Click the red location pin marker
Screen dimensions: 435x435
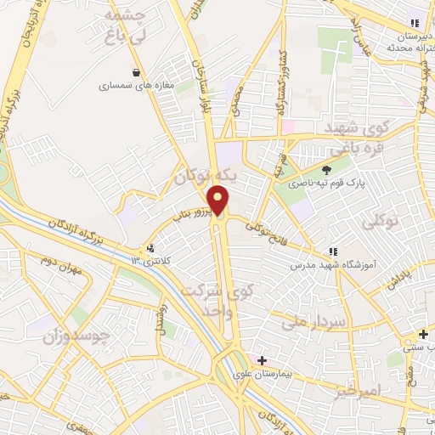point(219,201)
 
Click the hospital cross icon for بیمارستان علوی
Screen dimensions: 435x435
point(262,360)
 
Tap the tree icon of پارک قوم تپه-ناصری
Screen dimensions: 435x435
point(326,169)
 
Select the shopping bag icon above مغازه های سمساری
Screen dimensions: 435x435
point(136,72)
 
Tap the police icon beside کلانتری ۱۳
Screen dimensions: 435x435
point(150,248)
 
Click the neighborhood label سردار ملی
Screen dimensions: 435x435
point(311,323)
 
